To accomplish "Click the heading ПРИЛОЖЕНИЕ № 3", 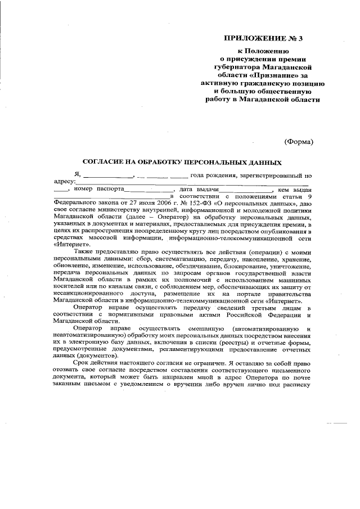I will [x=263, y=39].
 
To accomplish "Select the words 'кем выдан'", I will [x=294, y=189].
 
